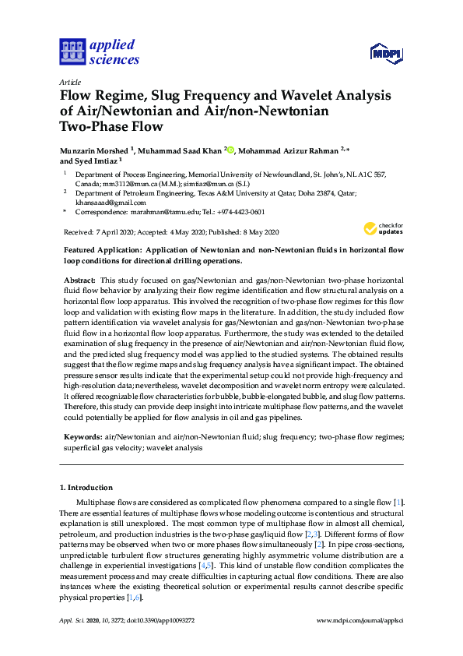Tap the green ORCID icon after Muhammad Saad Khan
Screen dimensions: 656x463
(231, 149)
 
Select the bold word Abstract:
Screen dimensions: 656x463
(80, 279)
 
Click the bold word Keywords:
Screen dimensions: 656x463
(82, 437)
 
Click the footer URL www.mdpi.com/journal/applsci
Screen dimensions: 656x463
(360, 620)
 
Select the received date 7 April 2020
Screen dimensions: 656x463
(115, 232)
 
